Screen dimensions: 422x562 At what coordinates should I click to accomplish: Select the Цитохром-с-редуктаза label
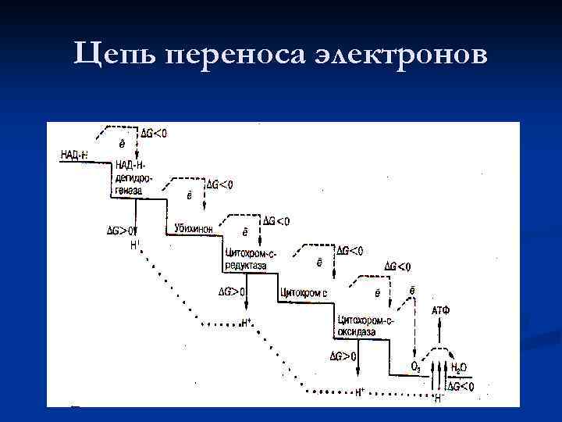[250, 259]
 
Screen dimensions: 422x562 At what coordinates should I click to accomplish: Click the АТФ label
[440, 310]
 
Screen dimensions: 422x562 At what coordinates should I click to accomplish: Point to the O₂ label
[416, 367]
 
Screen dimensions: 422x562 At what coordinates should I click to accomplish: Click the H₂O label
[459, 367]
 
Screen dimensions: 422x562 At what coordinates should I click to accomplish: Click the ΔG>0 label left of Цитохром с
[232, 292]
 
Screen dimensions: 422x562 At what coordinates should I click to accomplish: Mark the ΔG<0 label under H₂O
[460, 386]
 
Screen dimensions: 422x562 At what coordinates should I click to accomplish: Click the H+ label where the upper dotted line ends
[247, 321]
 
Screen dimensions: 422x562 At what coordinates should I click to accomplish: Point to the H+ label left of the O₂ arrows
[361, 392]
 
